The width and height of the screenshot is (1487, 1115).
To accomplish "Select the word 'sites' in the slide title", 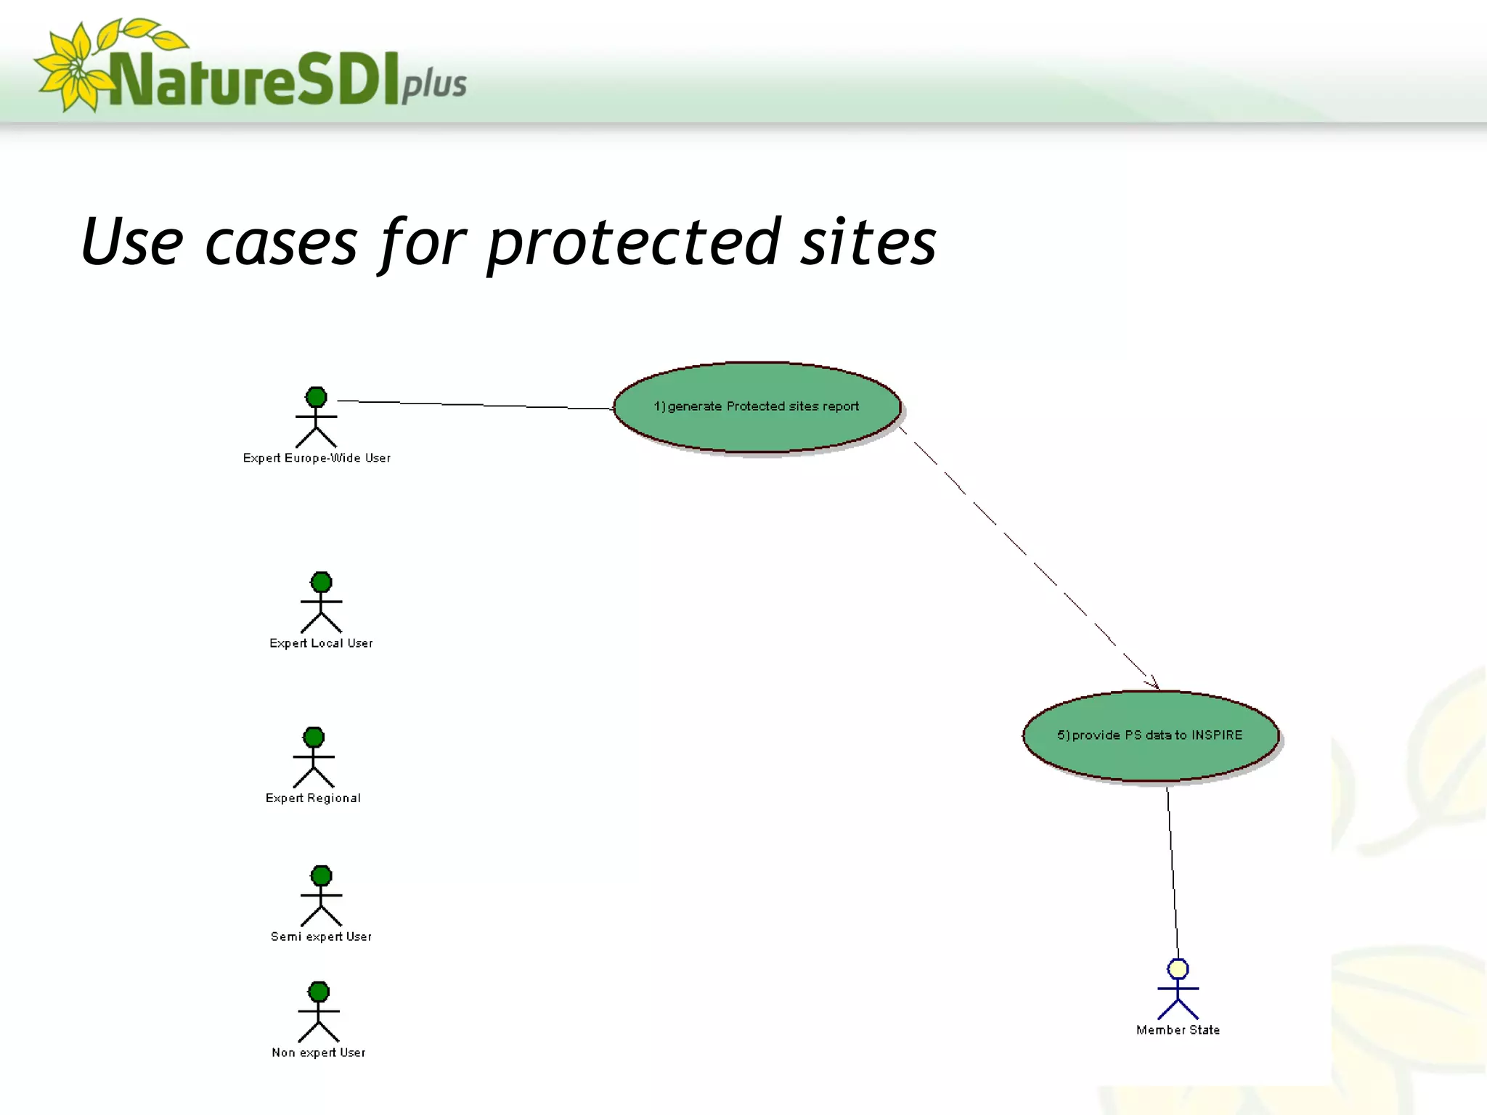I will coord(868,243).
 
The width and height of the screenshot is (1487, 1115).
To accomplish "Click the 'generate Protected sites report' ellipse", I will coord(757,407).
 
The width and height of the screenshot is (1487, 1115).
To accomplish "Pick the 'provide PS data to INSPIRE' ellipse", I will coord(1150,735).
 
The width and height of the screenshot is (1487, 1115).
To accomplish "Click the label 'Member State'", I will coord(1178,1030).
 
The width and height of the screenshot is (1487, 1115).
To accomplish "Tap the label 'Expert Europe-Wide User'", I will coord(317,458).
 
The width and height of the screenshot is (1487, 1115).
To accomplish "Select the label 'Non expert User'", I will coord(318,1053).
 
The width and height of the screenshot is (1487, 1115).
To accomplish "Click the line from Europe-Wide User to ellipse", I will coord(472,404).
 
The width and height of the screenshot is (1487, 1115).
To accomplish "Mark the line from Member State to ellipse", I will coord(1172,871).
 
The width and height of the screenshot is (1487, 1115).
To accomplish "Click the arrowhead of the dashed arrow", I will coord(1154,684).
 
